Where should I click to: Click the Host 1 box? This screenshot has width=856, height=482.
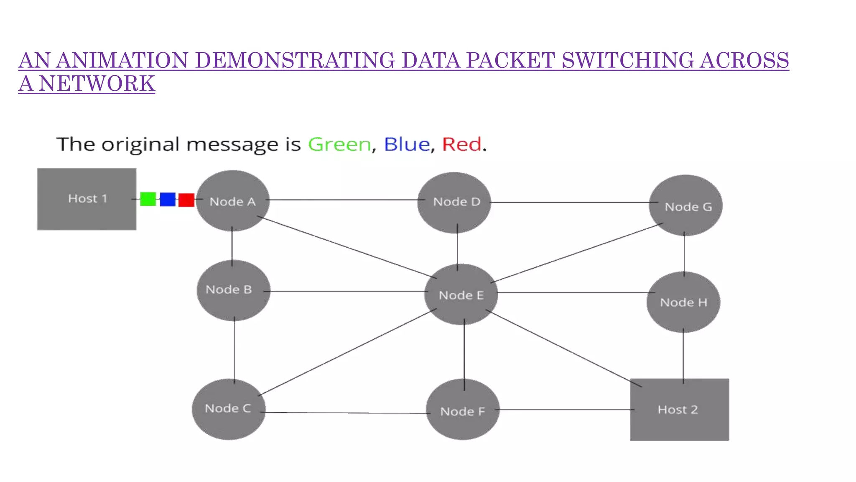pos(87,199)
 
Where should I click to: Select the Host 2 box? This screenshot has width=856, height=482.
pos(680,410)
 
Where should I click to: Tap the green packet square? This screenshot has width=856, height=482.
pos(148,199)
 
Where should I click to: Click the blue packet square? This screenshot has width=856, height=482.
pos(168,200)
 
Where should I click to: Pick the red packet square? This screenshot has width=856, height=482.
pos(186,200)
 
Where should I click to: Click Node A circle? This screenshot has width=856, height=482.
pos(233,201)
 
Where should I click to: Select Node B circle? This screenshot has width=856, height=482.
pos(233,290)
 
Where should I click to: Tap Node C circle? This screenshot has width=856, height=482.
pos(229,409)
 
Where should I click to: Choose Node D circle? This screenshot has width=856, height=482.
pos(454,203)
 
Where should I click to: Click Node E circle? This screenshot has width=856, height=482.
pos(461,295)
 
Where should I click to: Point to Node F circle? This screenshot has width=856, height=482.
pos(463,410)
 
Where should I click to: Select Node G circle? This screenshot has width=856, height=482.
pos(685,205)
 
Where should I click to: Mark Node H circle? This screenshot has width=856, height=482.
pos(683,302)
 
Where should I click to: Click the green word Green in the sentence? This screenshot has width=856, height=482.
pos(339,145)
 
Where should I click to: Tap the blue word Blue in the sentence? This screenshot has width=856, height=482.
pos(407,145)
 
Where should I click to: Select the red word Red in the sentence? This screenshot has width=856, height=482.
pos(462,145)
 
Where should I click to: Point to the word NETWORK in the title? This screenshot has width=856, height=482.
pos(97,84)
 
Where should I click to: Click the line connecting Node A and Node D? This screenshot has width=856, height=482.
pos(343,200)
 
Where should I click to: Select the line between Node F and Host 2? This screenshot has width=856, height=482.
pos(564,410)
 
